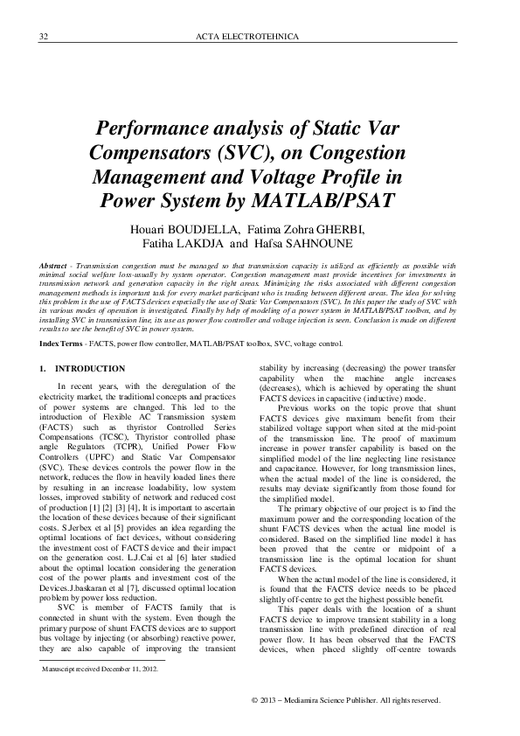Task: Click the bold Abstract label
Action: pos(56,263)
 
